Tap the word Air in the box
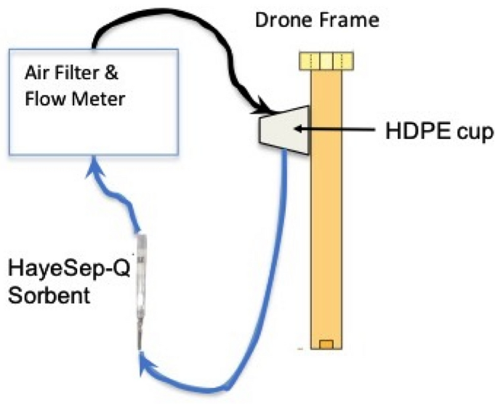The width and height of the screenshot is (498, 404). coord(37,74)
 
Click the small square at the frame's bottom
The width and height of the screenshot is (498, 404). coord(326,344)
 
